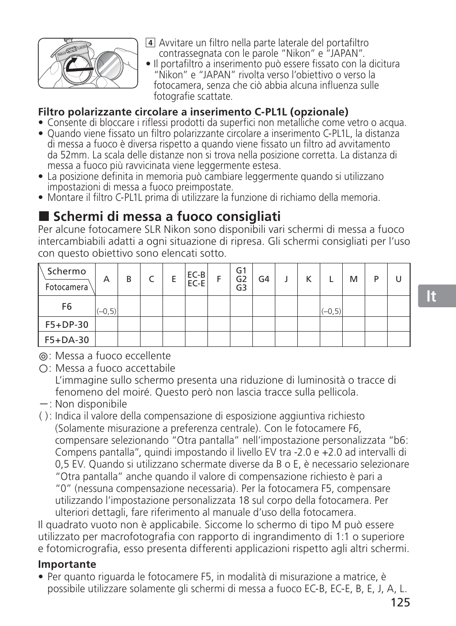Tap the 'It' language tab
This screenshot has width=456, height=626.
coord(432,296)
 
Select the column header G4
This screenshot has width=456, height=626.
coord(264,279)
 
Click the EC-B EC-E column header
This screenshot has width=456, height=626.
coord(196,279)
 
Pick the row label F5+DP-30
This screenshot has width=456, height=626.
coord(66,324)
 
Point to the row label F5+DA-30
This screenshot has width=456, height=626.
coord(66,340)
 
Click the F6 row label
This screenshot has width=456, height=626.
coord(66,306)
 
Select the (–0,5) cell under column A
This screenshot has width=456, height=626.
coord(107,311)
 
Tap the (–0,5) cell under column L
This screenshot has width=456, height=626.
coord(331,311)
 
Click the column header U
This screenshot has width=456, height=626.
coord(399,279)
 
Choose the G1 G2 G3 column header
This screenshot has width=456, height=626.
coord(241,279)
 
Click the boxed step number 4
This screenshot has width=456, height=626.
coord(150,43)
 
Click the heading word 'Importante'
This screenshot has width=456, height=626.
coord(67,564)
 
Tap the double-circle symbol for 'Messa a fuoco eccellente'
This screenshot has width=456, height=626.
coord(43,356)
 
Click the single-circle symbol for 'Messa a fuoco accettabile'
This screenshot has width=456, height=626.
coord(43,368)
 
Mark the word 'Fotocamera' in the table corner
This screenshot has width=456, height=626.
coord(66,287)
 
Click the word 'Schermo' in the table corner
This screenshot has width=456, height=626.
coord(67,271)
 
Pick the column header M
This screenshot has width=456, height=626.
coord(353,279)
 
